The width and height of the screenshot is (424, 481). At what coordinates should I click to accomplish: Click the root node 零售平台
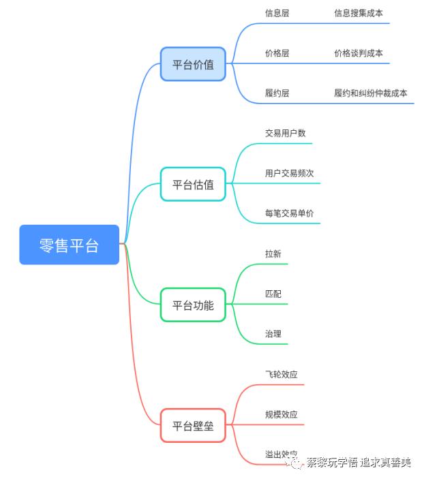pyautogui.click(x=69, y=245)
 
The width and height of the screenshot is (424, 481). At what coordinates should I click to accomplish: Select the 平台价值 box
pyautogui.click(x=193, y=65)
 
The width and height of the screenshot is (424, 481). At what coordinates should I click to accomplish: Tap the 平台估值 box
pyautogui.click(x=193, y=184)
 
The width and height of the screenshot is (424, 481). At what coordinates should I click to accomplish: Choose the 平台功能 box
pyautogui.click(x=193, y=305)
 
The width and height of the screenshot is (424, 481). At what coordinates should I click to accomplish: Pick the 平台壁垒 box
pyautogui.click(x=193, y=426)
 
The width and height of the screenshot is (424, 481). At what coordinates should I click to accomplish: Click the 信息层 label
pyautogui.click(x=277, y=13)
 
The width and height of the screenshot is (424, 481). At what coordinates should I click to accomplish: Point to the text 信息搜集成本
pyautogui.click(x=358, y=13)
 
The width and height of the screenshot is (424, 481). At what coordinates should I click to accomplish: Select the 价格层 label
pyautogui.click(x=277, y=53)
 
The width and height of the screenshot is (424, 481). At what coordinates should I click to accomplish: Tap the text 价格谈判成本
pyautogui.click(x=358, y=53)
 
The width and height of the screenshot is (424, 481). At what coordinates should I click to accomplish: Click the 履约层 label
pyautogui.click(x=277, y=93)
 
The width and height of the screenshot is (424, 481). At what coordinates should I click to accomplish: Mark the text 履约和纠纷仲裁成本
pyautogui.click(x=370, y=93)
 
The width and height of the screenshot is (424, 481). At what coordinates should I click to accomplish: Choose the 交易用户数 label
pyautogui.click(x=285, y=134)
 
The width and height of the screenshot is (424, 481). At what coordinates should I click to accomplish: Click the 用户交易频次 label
pyautogui.click(x=289, y=174)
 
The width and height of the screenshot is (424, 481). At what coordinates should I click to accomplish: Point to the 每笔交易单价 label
pyautogui.click(x=289, y=213)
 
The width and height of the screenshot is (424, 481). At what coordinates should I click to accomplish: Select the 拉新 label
pyautogui.click(x=273, y=253)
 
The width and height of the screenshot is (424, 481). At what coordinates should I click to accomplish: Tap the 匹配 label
pyautogui.click(x=273, y=294)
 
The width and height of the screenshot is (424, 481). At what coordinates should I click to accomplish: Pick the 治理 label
pyautogui.click(x=273, y=334)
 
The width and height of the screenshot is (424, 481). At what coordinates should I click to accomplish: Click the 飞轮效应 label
pyautogui.click(x=281, y=374)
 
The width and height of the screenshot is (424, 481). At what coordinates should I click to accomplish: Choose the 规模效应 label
pyautogui.click(x=281, y=414)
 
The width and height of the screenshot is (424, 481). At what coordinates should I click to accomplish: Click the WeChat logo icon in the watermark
pyautogui.click(x=295, y=463)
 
